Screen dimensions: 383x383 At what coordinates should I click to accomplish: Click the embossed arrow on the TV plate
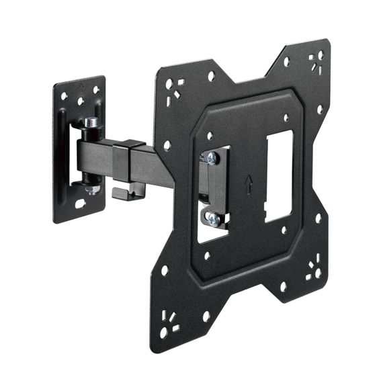click(249, 182)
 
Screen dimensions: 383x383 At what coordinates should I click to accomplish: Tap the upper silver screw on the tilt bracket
click(212, 157)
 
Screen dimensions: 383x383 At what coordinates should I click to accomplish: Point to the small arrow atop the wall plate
click(79, 86)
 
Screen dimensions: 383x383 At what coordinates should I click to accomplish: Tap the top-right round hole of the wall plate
click(95, 89)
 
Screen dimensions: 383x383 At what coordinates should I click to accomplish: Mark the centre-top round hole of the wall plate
click(80, 101)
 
